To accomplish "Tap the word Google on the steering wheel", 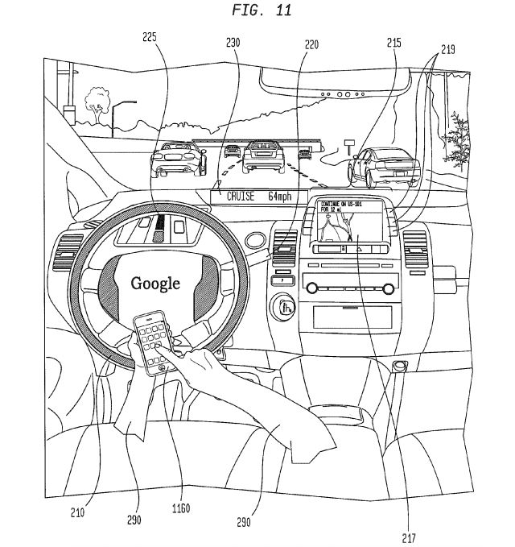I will click(155, 283).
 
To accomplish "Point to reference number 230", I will click(233, 44).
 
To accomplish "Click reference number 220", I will click(311, 46).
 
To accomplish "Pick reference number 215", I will click(393, 44).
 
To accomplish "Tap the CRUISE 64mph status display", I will click(249, 196).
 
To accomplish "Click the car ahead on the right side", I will click(381, 167).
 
